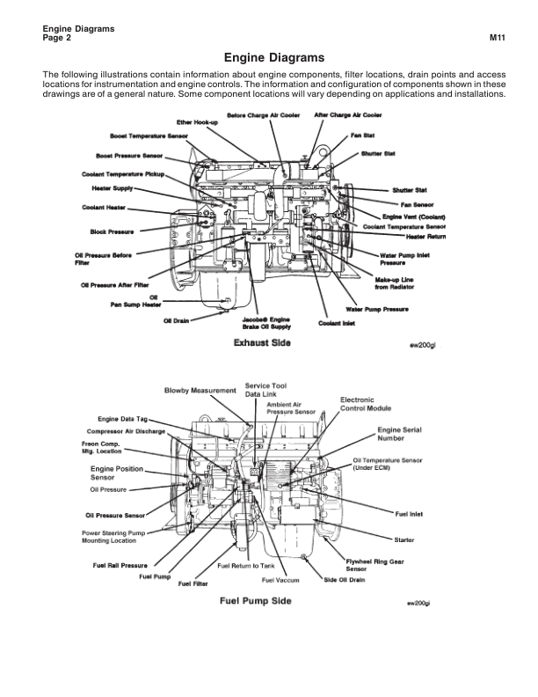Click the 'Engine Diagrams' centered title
[269, 57]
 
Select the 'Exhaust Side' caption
[263, 342]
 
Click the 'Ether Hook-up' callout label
[196, 122]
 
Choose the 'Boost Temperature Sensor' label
[149, 138]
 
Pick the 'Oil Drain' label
[176, 320]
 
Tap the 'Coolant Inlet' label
[336, 322]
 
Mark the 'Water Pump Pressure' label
[377, 309]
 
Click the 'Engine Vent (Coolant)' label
[415, 216]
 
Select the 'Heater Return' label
[426, 237]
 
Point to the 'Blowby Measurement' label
[201, 390]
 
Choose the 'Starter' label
[405, 538]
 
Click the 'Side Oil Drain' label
[345, 580]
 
